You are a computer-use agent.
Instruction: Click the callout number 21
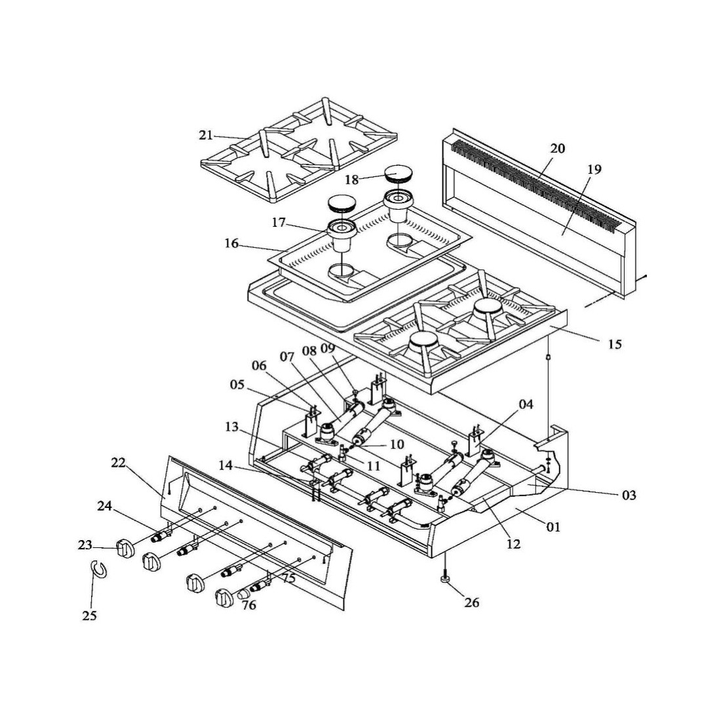click(x=206, y=136)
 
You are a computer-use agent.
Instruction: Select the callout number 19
click(x=594, y=170)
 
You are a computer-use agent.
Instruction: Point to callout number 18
click(x=352, y=180)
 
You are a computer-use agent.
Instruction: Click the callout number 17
click(x=279, y=223)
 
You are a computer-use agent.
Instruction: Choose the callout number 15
click(x=614, y=343)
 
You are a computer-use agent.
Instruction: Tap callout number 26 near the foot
click(x=471, y=601)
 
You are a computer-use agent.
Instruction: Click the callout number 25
click(x=90, y=615)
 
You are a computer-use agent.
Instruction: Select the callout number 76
click(x=248, y=605)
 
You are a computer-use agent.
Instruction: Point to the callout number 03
click(x=629, y=495)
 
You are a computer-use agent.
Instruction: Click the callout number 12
click(x=513, y=543)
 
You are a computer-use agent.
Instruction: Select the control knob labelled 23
click(x=125, y=547)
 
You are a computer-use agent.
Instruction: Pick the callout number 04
click(x=526, y=404)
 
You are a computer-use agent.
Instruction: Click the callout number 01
click(x=554, y=526)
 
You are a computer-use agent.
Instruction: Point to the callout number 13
click(x=231, y=427)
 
